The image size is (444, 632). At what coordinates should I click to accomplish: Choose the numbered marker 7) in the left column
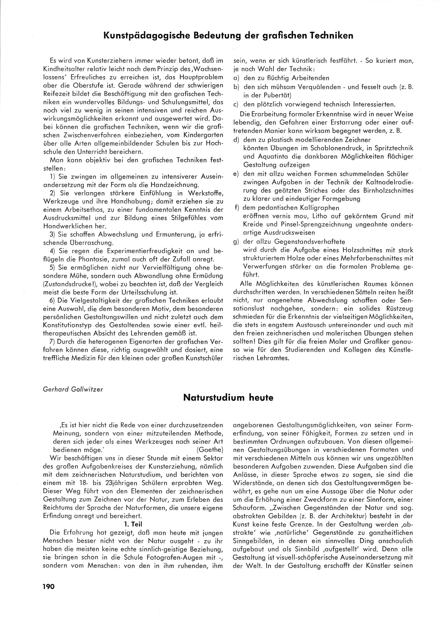(53, 342)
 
